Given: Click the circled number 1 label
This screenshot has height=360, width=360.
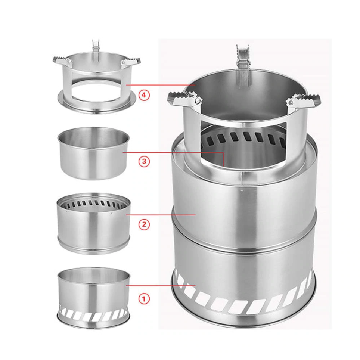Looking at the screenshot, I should pyautogui.click(x=144, y=299).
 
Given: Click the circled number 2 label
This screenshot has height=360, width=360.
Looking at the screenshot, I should pyautogui.click(x=144, y=224).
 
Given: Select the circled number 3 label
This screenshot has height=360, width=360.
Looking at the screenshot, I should pyautogui.click(x=144, y=162).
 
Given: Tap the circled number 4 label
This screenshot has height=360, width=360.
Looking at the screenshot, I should pyautogui.click(x=144, y=95).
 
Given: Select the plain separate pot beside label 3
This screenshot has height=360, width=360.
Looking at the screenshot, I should pyautogui.click(x=93, y=157).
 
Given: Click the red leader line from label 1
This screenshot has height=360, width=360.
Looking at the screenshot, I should pyautogui.click(x=161, y=285).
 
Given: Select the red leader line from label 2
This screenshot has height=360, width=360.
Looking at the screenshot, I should pyautogui.click(x=161, y=215).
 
